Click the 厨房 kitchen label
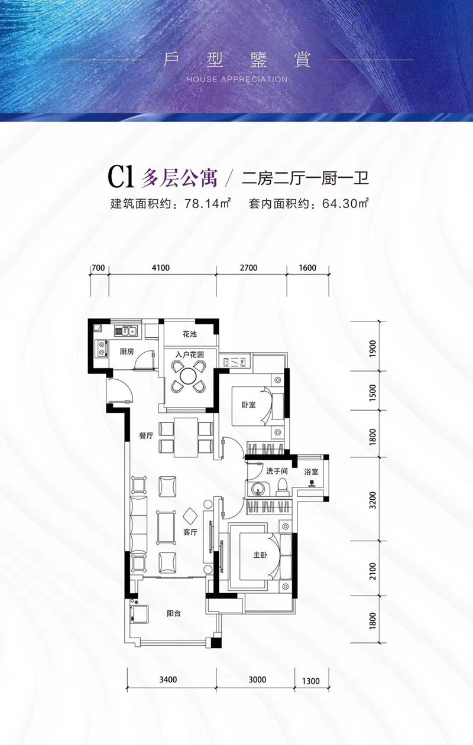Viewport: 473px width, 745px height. pos(127,351)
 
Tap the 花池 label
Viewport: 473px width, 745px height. pos(189,334)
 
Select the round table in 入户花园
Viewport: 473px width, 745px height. pos(189,376)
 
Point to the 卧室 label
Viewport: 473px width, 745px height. pos(248,405)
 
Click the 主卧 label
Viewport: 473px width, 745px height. pos(254,555)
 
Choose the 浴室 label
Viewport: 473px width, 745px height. pos(312,472)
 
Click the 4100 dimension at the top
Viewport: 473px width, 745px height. pos(161,268)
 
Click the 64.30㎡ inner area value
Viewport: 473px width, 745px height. pos(346,204)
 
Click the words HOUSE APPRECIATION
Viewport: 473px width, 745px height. pos(237,79)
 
